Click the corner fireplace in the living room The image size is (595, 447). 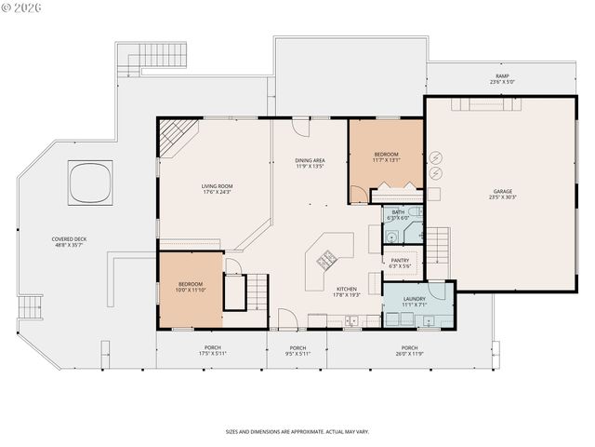coord(176,137)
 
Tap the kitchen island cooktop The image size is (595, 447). coord(327,260)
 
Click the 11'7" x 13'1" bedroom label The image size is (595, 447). coord(386,156)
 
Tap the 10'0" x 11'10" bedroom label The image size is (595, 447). coord(191,287)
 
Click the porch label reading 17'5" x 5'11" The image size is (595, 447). coord(211,351)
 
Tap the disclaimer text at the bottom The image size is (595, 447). coord(297,431)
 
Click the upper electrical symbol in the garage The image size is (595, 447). coord(438,157)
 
